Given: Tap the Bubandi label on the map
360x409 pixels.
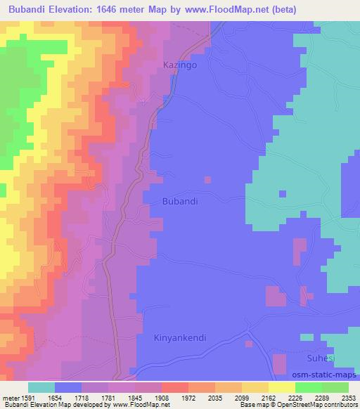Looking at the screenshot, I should point(180,201).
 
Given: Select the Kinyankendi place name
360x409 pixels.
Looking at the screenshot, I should point(180,337).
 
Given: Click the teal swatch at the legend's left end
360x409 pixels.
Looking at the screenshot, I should point(41,387).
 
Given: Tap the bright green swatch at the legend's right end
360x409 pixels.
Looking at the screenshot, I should point(335,387).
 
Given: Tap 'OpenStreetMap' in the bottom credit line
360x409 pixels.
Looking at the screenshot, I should point(300,405).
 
